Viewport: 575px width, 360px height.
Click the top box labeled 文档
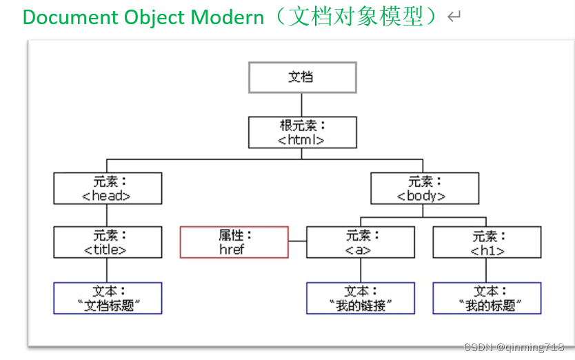[x=303, y=77]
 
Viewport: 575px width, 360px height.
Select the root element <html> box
[x=303, y=132]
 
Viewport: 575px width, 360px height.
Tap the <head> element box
[x=108, y=188]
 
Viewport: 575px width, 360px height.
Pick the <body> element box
[x=425, y=188]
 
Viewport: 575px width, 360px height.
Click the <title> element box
[x=108, y=242]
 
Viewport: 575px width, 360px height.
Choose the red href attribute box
[x=234, y=242]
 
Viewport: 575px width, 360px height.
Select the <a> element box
[x=361, y=242]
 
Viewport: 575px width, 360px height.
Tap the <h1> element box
[x=487, y=242]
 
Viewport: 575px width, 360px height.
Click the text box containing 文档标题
[x=108, y=298]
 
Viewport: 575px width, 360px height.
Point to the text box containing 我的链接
[x=361, y=298]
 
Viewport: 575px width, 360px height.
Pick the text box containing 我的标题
[x=487, y=298]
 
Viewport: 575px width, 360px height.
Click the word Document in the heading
[x=70, y=17]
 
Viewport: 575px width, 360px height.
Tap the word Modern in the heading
[x=228, y=17]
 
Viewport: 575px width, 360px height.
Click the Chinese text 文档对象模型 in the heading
[x=356, y=17]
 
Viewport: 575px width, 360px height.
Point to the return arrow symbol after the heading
[x=454, y=17]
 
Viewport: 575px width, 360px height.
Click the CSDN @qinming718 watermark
[x=514, y=347]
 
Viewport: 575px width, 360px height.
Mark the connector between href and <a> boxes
[x=297, y=241]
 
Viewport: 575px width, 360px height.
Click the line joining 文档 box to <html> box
[x=301, y=105]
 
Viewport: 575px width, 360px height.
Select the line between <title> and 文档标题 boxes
[x=107, y=270]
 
